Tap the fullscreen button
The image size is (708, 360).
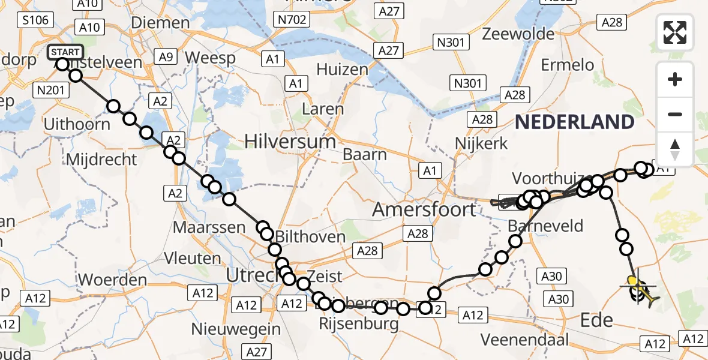point(675,32)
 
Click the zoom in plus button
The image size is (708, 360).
point(675,79)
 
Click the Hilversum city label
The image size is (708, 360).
point(290,142)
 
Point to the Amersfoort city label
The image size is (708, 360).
point(424,209)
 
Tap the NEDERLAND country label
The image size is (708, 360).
point(574,122)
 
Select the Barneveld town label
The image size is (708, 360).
point(545,226)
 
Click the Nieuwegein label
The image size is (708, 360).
point(236,329)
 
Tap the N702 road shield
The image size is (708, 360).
point(293,20)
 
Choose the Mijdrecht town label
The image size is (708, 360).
point(102,160)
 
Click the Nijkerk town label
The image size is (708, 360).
point(481,144)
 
